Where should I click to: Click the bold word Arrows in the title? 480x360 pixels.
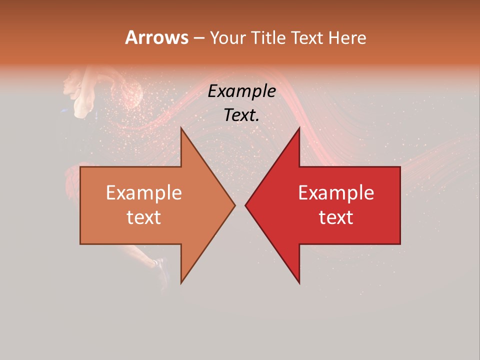coord(156,37)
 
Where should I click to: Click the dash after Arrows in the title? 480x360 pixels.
coord(198,38)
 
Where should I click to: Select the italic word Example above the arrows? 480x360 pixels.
coord(242,91)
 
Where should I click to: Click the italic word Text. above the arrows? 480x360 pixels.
coord(242,115)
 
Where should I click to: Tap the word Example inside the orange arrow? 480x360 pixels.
coord(144,193)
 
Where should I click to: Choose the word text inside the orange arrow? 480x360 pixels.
coord(144,217)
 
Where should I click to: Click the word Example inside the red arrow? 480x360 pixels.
coord(336,193)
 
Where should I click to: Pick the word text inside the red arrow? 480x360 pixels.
coord(336,217)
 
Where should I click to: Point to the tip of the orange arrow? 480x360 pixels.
coord(235,205)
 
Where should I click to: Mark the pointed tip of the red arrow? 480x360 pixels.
coord(245,205)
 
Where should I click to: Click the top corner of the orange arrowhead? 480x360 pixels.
coord(181,128)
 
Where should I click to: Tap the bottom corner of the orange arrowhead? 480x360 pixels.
coord(181,283)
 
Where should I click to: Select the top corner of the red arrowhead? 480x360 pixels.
coord(299,128)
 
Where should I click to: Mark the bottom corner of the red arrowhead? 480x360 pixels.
coord(299,283)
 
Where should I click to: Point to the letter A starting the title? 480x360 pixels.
coord(131,37)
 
